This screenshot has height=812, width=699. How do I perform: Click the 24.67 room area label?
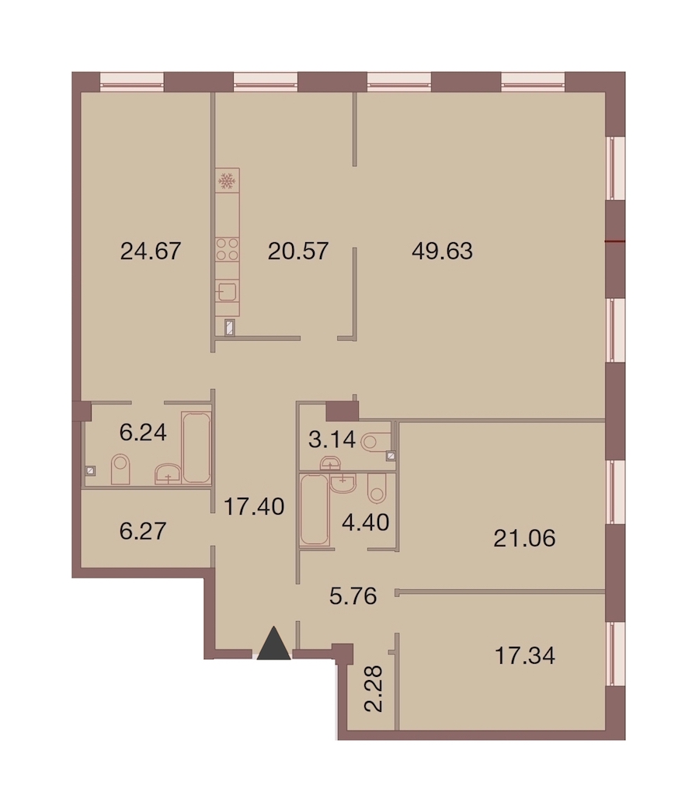click(150, 252)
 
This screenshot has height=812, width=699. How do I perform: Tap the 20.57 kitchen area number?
click(298, 252)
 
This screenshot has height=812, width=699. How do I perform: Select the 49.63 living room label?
click(442, 252)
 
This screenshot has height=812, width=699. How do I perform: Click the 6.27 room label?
click(142, 531)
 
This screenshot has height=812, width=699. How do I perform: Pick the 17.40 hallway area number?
click(254, 506)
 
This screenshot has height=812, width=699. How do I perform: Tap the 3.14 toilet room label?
click(332, 440)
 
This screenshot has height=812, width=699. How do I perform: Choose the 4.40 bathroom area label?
click(365, 522)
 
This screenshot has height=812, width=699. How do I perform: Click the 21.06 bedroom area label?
click(524, 539)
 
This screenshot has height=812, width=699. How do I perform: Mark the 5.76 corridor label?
click(353, 596)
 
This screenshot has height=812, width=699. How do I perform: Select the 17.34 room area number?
click(525, 656)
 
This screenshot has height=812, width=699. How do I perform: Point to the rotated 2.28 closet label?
click(374, 689)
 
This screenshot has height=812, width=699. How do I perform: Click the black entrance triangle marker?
click(273, 643)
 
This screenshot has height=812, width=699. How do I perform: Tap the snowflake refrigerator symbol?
click(227, 181)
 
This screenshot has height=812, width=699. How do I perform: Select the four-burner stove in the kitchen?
click(227, 249)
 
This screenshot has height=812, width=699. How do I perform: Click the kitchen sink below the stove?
click(227, 292)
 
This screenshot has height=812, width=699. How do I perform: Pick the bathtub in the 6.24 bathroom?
click(196, 447)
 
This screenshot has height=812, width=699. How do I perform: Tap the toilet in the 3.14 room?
click(376, 442)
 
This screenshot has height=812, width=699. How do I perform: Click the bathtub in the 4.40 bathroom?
click(315, 509)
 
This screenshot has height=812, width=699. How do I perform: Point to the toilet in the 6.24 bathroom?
click(120, 469)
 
